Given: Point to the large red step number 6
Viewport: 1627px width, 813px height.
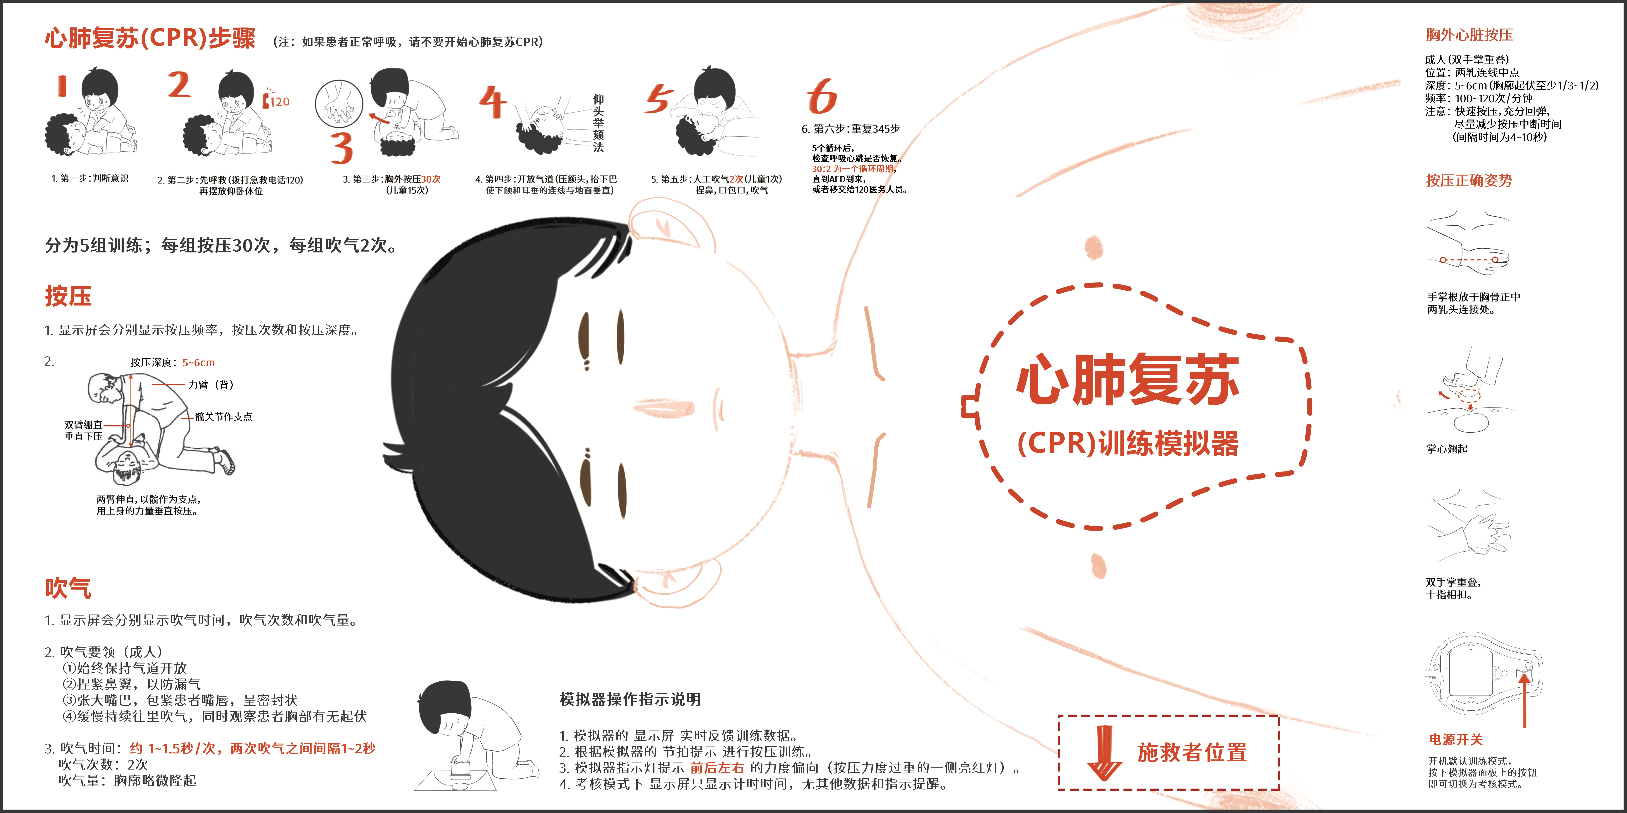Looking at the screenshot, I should tap(821, 97).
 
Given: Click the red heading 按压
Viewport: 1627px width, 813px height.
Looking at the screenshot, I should tap(68, 296).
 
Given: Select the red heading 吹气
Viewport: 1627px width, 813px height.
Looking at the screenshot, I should tap(68, 588).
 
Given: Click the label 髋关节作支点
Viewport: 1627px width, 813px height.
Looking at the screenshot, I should tap(224, 417).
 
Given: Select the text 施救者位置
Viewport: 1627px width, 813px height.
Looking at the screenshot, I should tap(1192, 752).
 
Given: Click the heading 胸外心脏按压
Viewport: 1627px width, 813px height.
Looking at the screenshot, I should tap(1469, 35).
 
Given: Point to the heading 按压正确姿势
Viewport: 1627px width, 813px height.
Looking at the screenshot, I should tap(1469, 181).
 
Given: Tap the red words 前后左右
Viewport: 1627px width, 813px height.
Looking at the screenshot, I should tap(717, 768).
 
